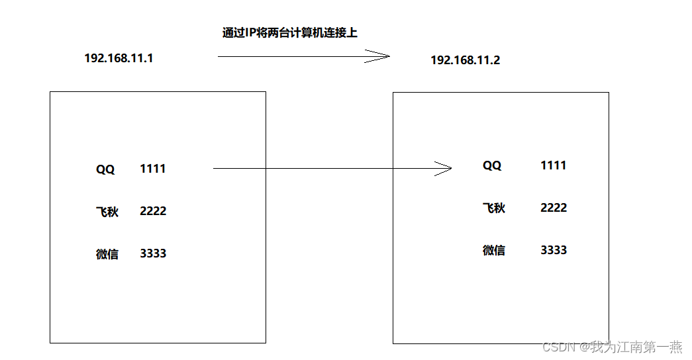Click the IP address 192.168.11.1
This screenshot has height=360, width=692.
119,58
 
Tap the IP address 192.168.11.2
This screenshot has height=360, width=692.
465,60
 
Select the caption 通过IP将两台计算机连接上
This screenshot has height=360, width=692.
289,32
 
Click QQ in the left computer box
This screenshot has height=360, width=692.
105,169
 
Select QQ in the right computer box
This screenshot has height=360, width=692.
492,165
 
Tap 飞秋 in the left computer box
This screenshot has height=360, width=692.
107,212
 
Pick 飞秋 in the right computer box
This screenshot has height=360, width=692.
493,208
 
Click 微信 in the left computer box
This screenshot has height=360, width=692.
107,254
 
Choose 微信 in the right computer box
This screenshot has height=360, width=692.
493,250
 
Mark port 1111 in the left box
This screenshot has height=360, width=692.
153,169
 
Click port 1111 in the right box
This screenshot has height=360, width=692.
554,165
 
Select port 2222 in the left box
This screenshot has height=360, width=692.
153,211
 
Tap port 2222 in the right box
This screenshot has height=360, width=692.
554,207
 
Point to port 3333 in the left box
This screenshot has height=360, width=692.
153,253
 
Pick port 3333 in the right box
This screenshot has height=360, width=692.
554,249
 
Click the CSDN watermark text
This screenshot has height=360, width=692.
612,347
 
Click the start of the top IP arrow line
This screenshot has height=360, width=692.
219,57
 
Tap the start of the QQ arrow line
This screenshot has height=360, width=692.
215,169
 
